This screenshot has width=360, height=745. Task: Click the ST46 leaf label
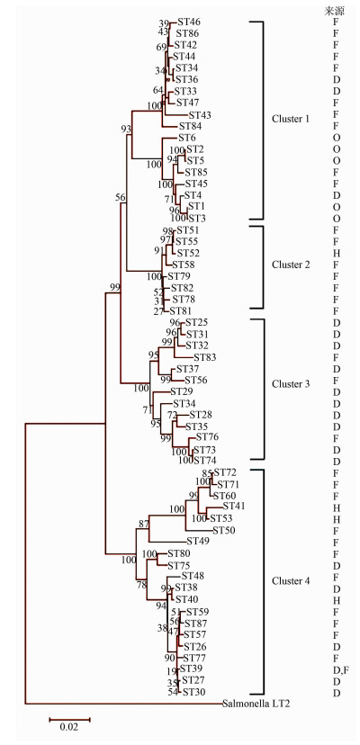(189, 22)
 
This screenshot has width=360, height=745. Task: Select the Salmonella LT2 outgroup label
(256, 704)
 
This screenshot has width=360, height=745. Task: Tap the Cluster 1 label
(291, 119)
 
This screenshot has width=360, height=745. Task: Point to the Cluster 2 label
(291, 265)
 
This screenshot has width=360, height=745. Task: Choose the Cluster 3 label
(291, 384)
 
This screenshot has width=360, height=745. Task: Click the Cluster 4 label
(291, 581)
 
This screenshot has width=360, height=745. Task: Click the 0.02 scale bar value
(69, 727)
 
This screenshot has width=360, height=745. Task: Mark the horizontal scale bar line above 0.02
(69, 719)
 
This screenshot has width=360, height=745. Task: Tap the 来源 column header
(334, 12)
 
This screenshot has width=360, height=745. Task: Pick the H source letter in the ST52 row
(337, 253)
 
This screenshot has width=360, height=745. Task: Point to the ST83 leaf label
(204, 357)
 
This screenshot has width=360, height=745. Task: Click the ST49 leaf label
(198, 541)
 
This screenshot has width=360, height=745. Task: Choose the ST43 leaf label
(200, 115)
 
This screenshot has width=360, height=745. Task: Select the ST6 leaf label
(187, 138)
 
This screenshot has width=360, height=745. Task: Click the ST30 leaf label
(193, 692)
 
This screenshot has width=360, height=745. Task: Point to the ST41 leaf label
(233, 506)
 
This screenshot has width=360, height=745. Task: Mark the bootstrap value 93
(125, 129)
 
